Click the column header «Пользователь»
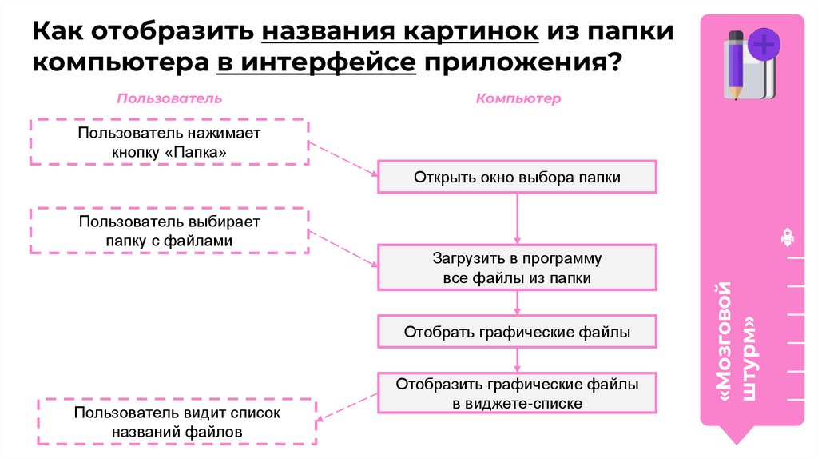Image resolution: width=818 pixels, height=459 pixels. pyautogui.click(x=169, y=98)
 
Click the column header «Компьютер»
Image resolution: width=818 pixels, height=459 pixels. pyautogui.click(x=518, y=98)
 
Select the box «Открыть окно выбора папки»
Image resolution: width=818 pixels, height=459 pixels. pyautogui.click(x=517, y=177)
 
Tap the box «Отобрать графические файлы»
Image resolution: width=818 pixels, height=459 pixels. pyautogui.click(x=517, y=331)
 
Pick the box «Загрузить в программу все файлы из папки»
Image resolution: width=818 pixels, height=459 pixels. pyautogui.click(x=517, y=268)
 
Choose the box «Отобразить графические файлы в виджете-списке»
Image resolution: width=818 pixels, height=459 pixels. pyautogui.click(x=517, y=393)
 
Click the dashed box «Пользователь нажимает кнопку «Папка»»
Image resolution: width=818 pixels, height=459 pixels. pyautogui.click(x=169, y=142)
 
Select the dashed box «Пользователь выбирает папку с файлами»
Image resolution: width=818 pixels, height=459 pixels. pyautogui.click(x=169, y=229)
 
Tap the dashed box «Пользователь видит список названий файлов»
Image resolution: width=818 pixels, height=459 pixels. pyautogui.click(x=177, y=422)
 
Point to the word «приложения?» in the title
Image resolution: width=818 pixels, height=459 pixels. pyautogui.click(x=523, y=62)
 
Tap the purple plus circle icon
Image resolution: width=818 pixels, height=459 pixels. pyautogui.click(x=764, y=43)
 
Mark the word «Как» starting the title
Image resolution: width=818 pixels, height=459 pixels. pyautogui.click(x=58, y=33)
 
